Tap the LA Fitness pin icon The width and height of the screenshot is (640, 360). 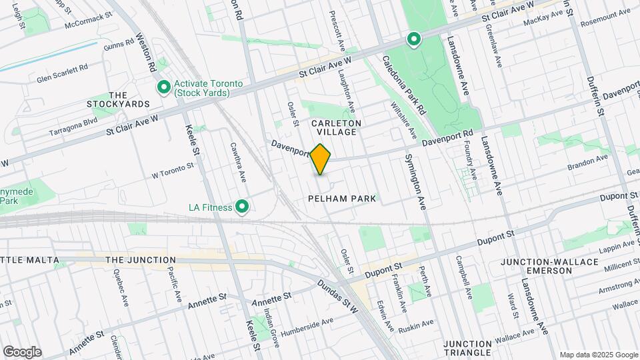(243, 207)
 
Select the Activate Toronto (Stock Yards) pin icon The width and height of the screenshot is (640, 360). (163, 87)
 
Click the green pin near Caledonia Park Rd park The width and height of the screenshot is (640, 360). (413, 39)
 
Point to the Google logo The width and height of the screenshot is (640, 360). (22, 351)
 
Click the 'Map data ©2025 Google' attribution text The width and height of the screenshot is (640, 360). (598, 354)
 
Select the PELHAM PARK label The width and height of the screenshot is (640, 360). (342, 199)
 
